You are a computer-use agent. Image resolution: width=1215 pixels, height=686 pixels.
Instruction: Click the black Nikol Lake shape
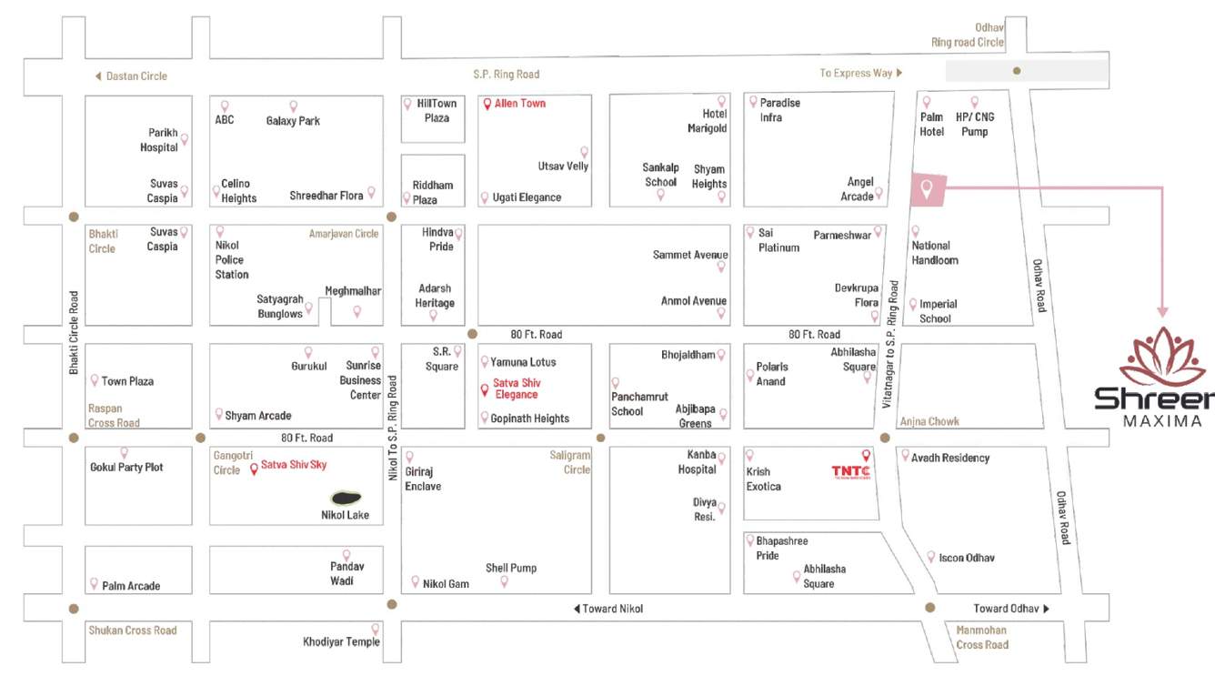[x=346, y=499]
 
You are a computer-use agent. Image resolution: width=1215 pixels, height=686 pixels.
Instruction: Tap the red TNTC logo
[x=850, y=471]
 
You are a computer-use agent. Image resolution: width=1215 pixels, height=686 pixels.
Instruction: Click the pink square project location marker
[x=928, y=191]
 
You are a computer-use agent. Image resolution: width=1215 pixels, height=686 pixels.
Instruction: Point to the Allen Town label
[x=519, y=104]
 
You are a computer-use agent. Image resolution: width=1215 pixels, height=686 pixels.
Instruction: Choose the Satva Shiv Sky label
[x=293, y=465]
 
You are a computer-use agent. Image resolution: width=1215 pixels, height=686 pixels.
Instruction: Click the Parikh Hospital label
[x=159, y=140]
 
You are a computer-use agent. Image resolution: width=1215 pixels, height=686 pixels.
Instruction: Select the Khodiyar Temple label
[x=341, y=642]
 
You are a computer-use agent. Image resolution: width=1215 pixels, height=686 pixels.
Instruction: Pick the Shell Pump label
[x=510, y=568]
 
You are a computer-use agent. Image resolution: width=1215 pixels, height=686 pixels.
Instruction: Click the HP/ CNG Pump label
[x=971, y=125]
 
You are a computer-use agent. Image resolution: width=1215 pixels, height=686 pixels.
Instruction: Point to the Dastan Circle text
[x=136, y=76]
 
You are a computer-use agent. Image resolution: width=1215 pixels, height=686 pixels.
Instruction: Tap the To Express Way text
[x=856, y=73]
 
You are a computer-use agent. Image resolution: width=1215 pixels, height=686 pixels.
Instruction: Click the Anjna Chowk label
[x=929, y=421]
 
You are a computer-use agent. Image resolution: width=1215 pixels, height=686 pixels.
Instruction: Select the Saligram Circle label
[x=570, y=462]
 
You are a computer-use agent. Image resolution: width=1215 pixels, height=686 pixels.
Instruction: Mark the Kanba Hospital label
[x=697, y=462]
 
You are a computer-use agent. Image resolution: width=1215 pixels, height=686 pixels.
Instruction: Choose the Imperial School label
[x=938, y=311]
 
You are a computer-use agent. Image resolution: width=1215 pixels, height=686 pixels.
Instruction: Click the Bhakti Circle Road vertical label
[x=74, y=333]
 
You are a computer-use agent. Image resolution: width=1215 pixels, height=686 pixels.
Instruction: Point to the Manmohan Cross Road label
[x=982, y=637]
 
